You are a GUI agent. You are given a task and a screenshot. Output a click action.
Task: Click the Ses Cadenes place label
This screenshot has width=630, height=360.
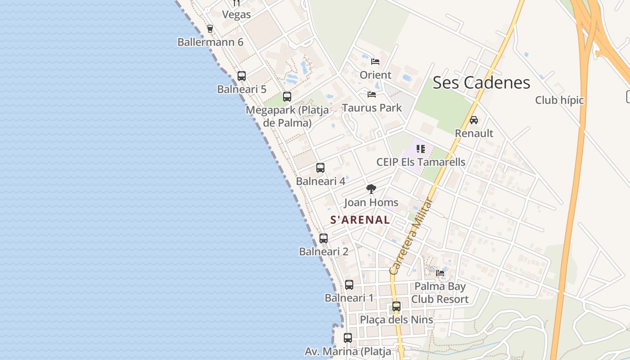coord(481,83)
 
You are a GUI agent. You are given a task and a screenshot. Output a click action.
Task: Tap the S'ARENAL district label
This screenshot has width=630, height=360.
coord(360,220)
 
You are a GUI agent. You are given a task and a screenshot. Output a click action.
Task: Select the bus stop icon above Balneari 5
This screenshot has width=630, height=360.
coord(242,76)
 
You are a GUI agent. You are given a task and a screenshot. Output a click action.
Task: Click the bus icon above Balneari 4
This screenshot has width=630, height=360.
coord(320,168)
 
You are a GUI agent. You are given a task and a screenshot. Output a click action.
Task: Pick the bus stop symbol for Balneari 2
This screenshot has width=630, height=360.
coord(324,238)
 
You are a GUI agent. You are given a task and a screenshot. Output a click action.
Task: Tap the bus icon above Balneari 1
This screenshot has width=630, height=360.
coord(349,284)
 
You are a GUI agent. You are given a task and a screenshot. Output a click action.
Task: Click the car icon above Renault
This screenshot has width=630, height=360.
coord(474,120)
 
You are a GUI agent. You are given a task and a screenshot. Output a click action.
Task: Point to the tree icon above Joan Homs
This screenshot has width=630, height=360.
coord(371,189)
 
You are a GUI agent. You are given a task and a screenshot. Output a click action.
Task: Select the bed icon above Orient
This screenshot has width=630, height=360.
coord(375,62)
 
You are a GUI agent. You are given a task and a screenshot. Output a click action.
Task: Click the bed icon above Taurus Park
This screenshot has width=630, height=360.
coord(372,94)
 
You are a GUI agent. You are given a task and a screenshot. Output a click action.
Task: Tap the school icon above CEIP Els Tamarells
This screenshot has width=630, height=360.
coord(421,148)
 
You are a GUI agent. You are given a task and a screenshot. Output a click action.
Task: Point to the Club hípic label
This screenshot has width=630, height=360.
coord(559,100)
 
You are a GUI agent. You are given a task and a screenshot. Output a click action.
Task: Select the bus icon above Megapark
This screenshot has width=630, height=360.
coord(287,96)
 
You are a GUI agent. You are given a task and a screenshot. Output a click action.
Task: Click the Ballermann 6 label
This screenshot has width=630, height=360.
coord(210,42)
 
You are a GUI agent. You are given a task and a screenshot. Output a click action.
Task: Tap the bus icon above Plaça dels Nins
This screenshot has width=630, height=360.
coord(396,306)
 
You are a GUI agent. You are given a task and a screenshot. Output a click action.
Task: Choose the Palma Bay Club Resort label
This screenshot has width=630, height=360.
coord(440,292)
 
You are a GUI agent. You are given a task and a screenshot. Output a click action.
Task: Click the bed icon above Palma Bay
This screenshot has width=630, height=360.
coord(440,273)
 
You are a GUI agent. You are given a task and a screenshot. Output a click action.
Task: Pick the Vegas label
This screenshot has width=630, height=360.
coord(236,14)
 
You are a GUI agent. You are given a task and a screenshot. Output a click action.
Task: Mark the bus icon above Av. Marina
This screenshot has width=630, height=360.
coord(348,337)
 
